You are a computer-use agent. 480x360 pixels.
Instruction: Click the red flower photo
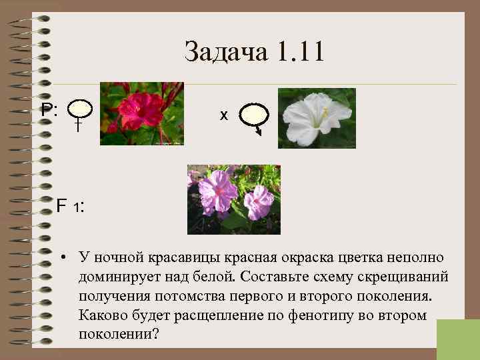(x=141, y=113)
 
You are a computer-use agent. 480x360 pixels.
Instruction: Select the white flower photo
(x=316, y=117)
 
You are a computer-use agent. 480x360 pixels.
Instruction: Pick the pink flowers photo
(x=233, y=199)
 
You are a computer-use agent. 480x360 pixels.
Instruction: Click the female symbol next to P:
(x=79, y=113)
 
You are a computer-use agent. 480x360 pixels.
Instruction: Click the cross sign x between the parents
(x=224, y=115)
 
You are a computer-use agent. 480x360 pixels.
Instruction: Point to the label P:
(x=49, y=109)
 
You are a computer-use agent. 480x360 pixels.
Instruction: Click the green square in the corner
(x=458, y=339)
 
